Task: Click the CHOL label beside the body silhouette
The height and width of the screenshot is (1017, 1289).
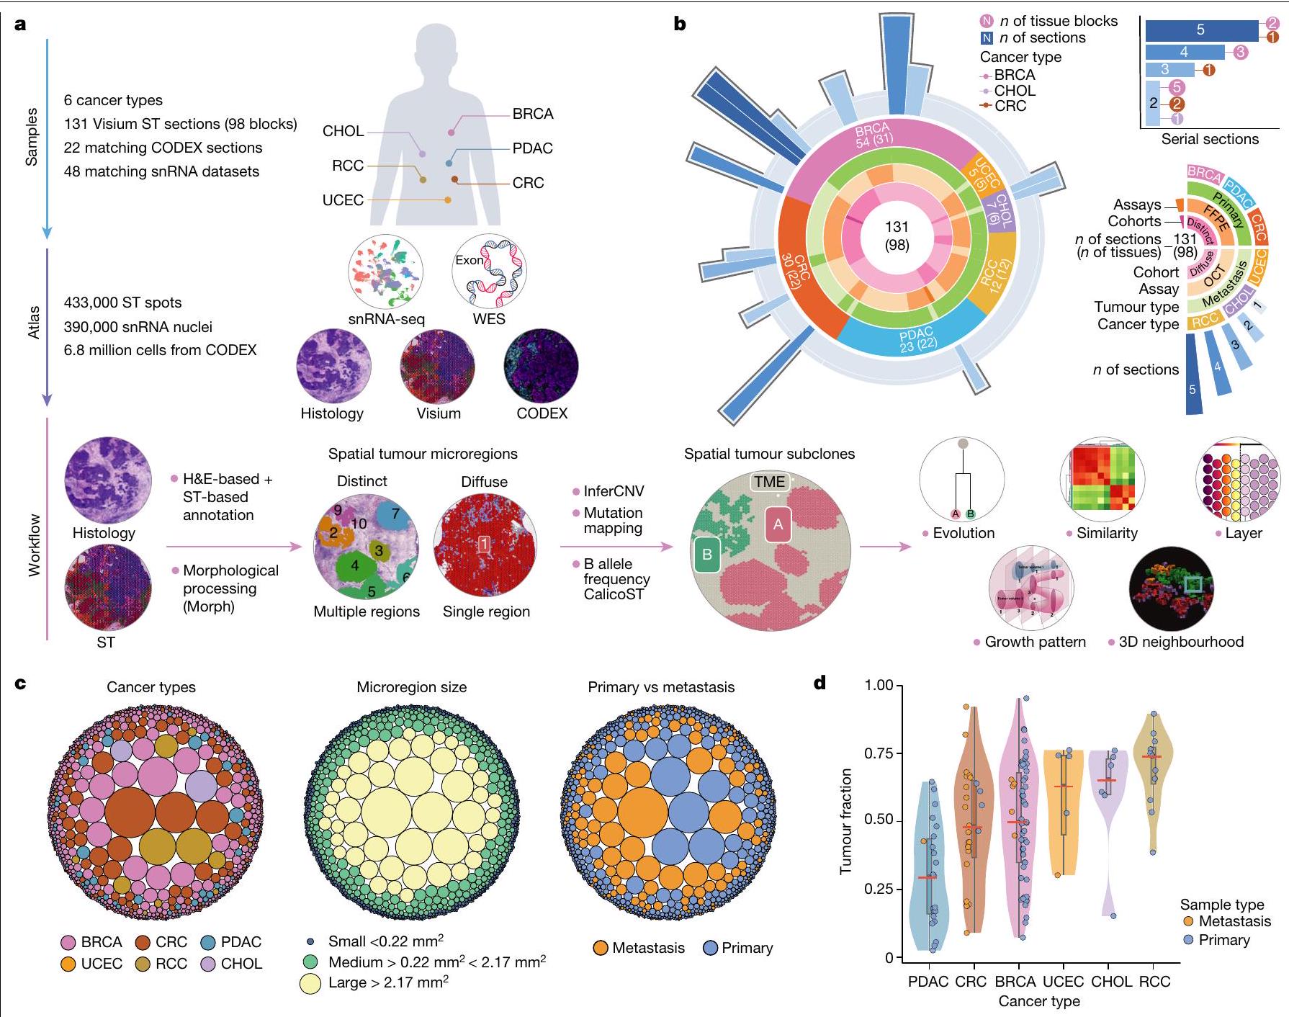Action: point(343,131)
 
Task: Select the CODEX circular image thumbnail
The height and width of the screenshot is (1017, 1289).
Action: point(542,366)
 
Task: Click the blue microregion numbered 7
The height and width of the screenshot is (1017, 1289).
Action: point(395,515)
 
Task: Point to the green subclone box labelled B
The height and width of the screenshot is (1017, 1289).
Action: point(707,555)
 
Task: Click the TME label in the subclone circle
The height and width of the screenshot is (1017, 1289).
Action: point(769,482)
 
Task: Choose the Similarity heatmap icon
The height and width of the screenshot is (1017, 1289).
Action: point(1102,479)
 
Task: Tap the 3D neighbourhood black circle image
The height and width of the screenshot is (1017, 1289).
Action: point(1172,588)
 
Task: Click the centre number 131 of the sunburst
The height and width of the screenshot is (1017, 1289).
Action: point(897,227)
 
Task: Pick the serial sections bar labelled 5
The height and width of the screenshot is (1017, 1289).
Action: point(1200,30)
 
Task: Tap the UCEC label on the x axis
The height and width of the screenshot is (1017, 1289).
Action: point(1063,982)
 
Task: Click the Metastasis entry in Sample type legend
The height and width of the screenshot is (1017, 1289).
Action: point(1234,921)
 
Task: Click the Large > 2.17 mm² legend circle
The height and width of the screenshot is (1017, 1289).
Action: point(310,984)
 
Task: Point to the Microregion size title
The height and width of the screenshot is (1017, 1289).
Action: point(411,687)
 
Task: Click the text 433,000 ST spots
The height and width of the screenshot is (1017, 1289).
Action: point(122,303)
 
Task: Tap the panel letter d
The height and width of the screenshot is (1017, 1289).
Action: point(819,682)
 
